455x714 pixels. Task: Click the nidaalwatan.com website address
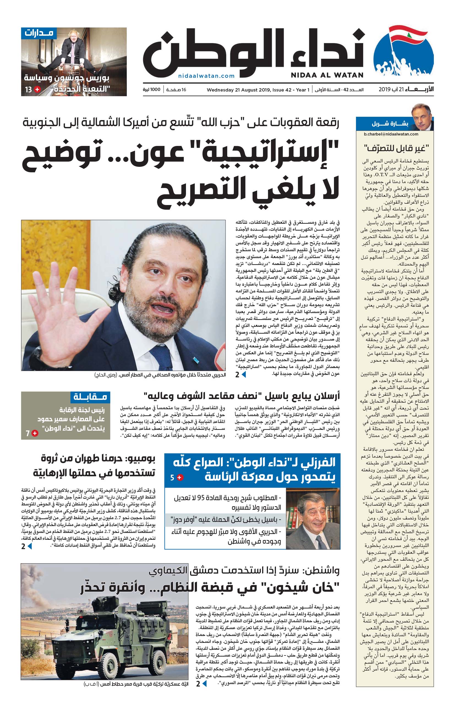click(206, 76)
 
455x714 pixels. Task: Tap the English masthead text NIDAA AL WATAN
click(327, 75)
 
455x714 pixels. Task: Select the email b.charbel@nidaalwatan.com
click(391, 134)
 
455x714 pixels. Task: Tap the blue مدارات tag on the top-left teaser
click(39, 33)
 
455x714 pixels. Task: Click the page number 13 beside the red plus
click(29, 90)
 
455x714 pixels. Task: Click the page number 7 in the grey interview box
click(28, 433)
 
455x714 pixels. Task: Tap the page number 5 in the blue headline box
click(172, 478)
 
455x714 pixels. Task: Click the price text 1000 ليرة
click(151, 90)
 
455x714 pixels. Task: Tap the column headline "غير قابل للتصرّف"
click(396, 148)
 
